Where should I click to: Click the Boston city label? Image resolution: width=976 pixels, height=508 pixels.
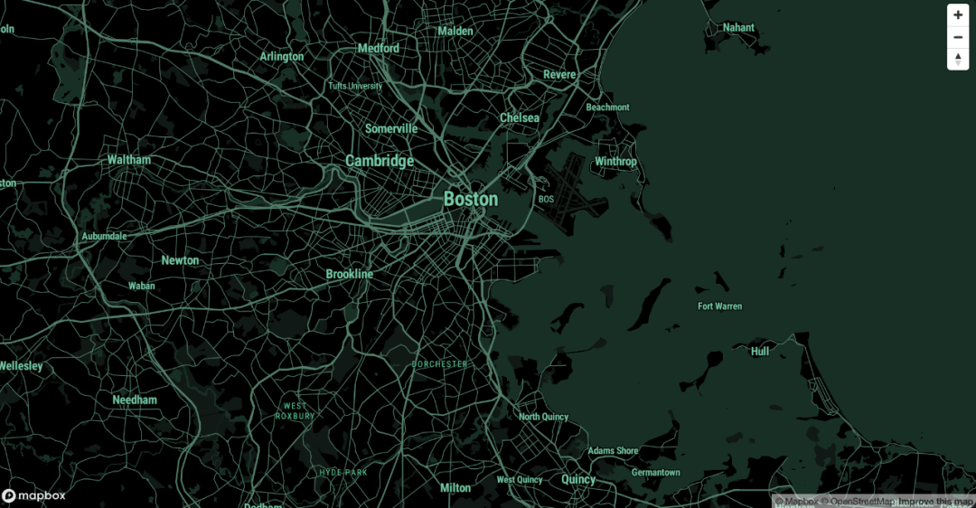pyautogui.click(x=470, y=199)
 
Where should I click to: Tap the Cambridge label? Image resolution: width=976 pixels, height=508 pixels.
pyautogui.click(x=380, y=161)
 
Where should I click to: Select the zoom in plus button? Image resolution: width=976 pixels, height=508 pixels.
pyautogui.click(x=958, y=15)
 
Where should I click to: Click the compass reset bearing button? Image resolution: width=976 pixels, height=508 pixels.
pyautogui.click(x=958, y=59)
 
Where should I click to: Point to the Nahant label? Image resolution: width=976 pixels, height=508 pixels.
pyautogui.click(x=738, y=28)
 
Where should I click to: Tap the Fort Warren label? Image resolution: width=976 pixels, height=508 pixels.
pyautogui.click(x=719, y=306)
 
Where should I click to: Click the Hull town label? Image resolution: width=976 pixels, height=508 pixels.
pyautogui.click(x=760, y=352)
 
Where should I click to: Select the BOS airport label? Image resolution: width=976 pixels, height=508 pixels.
pyautogui.click(x=546, y=199)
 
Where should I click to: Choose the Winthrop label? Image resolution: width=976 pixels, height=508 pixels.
pyautogui.click(x=615, y=162)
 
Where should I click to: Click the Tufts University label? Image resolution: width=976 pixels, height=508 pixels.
pyautogui.click(x=355, y=87)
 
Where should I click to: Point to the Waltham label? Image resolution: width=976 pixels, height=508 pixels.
pyautogui.click(x=129, y=160)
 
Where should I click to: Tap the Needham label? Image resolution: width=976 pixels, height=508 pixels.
pyautogui.click(x=135, y=400)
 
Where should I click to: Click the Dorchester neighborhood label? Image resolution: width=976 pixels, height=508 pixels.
pyautogui.click(x=440, y=364)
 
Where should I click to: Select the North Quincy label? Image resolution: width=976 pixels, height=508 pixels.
pyautogui.click(x=543, y=417)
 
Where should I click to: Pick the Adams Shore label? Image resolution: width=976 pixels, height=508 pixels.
pyautogui.click(x=613, y=451)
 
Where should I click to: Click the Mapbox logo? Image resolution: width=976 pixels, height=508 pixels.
pyautogui.click(x=33, y=495)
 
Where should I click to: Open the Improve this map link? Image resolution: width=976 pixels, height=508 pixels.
pyautogui.click(x=935, y=502)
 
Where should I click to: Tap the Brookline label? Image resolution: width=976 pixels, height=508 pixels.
pyautogui.click(x=349, y=274)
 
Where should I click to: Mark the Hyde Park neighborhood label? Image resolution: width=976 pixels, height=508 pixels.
pyautogui.click(x=343, y=473)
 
